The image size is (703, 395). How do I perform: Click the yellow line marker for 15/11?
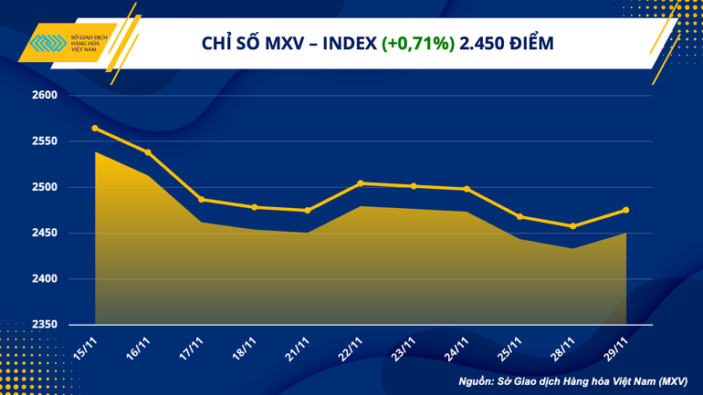(x=95, y=128)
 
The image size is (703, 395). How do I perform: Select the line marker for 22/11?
(x=361, y=183)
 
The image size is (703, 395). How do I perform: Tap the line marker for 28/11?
(x=572, y=226)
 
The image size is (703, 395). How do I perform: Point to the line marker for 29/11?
(x=625, y=210)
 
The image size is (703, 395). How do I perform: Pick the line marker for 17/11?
(x=201, y=200)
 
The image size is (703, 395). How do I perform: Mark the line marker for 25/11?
(x=519, y=216)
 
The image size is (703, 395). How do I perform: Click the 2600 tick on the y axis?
(x=45, y=96)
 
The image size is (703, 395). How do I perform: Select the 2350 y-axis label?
(x=45, y=325)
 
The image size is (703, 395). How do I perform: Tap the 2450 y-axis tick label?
(x=45, y=234)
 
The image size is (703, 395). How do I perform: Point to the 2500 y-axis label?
(x=45, y=188)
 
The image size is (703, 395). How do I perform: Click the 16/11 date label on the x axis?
(x=137, y=348)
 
